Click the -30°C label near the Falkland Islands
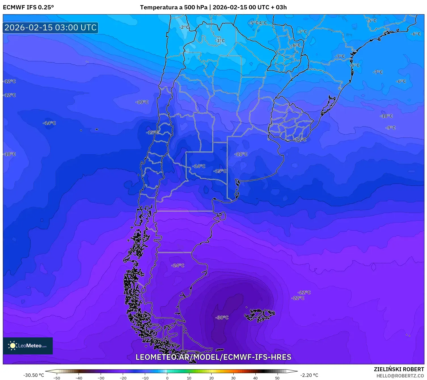(222, 318)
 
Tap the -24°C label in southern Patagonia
(178, 265)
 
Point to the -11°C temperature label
(241, 154)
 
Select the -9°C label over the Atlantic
(390, 128)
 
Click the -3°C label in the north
(220, 41)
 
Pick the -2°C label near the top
(184, 27)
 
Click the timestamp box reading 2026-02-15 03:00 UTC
(50, 28)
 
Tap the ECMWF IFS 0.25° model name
(28, 7)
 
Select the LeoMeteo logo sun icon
(12, 346)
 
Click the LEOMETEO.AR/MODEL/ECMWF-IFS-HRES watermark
(213, 357)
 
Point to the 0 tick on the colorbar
(167, 378)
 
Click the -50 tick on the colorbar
(57, 378)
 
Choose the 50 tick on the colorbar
(277, 378)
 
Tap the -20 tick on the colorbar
(123, 378)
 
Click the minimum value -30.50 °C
(33, 375)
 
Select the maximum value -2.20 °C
(309, 375)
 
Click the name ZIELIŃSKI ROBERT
(399, 369)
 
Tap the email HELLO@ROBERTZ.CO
(400, 376)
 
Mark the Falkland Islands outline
(259, 315)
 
